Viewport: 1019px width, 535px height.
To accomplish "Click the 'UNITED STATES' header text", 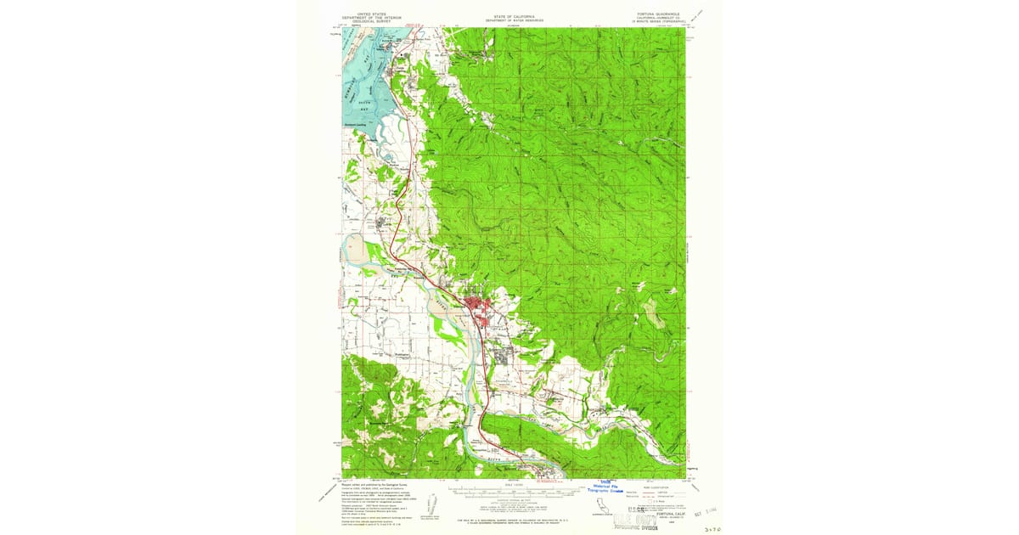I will pyautogui.click(x=370, y=14).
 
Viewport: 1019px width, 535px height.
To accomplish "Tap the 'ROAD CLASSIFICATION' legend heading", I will pyautogui.click(x=658, y=487).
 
